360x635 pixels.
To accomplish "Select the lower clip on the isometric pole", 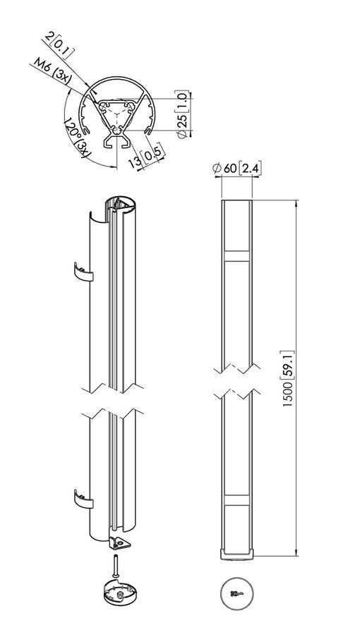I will pyautogui.click(x=83, y=500).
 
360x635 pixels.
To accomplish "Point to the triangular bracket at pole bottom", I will pyautogui.click(x=119, y=542).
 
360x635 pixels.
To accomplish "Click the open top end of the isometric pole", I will pyautogui.click(x=120, y=206).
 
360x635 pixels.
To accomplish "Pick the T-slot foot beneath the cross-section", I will pyautogui.click(x=116, y=142).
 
